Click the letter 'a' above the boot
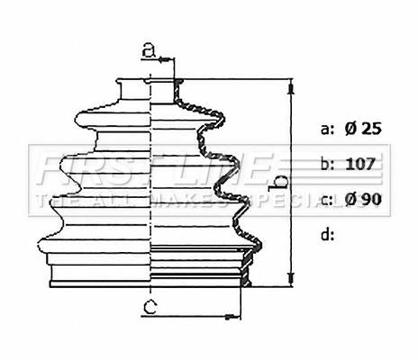(150, 50)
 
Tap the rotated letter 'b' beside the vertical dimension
(278, 183)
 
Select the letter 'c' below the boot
(150, 307)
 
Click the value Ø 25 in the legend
(363, 129)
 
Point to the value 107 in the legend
(360, 164)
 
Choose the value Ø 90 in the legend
(363, 200)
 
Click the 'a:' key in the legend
(327, 130)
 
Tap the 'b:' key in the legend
(327, 164)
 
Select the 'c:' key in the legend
(327, 200)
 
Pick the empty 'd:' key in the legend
(327, 234)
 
